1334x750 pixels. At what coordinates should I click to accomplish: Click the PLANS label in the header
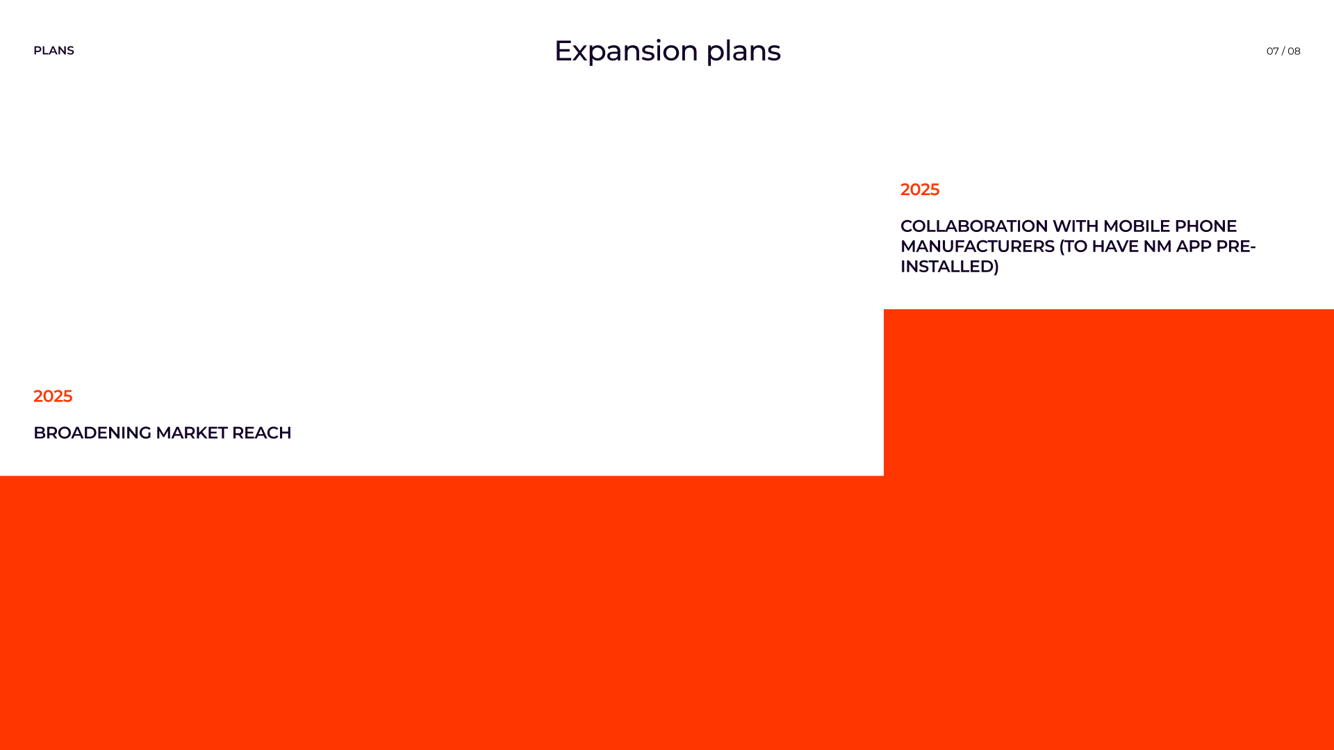click(53, 51)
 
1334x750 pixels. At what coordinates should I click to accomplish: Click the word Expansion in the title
click(625, 51)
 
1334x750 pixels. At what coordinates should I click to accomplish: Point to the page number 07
click(1272, 51)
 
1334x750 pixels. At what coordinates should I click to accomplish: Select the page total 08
click(1294, 51)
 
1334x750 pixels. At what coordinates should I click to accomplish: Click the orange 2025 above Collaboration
click(919, 190)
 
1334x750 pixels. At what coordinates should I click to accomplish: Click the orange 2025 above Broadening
click(53, 396)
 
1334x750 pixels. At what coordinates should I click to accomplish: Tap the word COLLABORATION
click(973, 226)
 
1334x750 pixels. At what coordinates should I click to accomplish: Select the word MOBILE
click(1136, 226)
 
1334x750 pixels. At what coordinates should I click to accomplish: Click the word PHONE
click(1205, 226)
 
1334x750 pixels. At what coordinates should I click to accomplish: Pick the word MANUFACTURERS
click(977, 247)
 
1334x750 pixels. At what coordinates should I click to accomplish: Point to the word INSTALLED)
click(949, 267)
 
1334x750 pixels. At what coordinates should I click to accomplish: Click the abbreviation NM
click(1157, 247)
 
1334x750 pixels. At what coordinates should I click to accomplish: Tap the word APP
click(1193, 247)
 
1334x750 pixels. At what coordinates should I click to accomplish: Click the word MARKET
click(191, 433)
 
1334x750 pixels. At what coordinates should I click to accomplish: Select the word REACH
click(261, 433)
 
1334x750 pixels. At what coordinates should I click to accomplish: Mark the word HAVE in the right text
click(1114, 247)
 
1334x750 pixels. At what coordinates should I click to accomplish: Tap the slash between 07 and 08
click(1283, 51)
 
